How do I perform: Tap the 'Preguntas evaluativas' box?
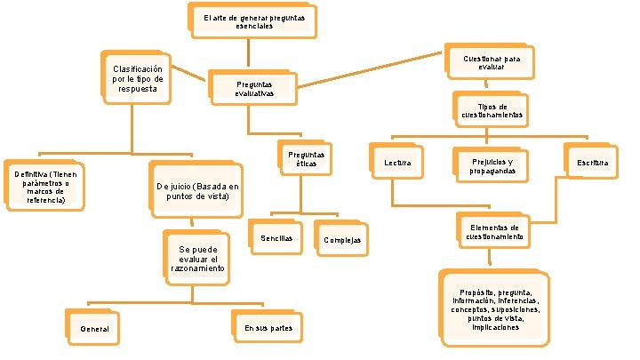(254, 88)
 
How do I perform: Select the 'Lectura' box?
(397, 164)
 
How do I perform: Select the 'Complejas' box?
(341, 240)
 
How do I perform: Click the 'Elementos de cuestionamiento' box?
(494, 233)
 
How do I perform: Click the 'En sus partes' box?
(268, 327)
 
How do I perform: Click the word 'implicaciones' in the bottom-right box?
(495, 327)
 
